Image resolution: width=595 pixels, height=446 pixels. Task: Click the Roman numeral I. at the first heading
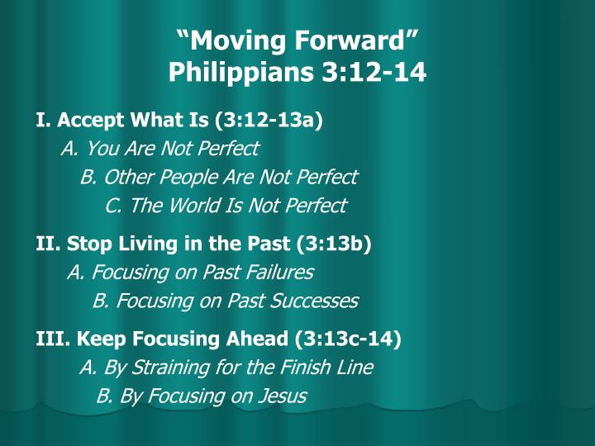(x=43, y=121)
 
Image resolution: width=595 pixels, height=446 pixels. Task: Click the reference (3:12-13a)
(x=268, y=121)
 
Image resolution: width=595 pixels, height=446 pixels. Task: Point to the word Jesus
(x=281, y=396)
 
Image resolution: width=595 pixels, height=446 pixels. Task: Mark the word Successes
(x=317, y=301)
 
